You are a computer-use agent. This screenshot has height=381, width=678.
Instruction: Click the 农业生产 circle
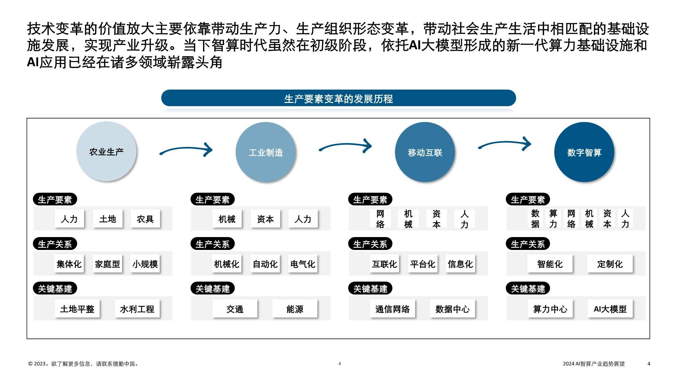[106, 151]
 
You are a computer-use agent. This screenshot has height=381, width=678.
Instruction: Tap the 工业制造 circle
[266, 152]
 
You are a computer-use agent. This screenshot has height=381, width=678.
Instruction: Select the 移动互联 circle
[425, 152]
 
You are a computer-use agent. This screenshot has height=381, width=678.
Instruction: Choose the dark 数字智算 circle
[584, 152]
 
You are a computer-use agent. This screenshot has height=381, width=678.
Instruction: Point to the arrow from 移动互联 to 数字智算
[505, 143]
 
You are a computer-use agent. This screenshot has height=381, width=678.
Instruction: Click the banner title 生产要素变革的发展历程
[338, 99]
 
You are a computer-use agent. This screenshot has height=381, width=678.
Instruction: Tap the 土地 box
[108, 219]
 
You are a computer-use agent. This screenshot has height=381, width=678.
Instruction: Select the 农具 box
[145, 219]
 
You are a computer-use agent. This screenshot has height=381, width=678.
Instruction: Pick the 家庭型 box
[107, 264]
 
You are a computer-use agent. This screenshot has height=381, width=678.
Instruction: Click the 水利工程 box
[137, 309]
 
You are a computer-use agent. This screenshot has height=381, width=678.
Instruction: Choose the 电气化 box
[303, 264]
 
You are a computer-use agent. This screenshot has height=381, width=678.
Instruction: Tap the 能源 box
[295, 309]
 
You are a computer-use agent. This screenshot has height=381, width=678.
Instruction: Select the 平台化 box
[422, 264]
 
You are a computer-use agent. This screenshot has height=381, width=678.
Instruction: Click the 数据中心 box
[453, 309]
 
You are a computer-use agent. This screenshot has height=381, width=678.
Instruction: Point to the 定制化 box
[610, 264]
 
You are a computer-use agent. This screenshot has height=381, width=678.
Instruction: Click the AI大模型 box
[610, 309]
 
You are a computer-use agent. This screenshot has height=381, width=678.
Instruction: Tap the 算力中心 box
[550, 309]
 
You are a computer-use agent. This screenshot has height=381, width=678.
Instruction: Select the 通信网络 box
[393, 309]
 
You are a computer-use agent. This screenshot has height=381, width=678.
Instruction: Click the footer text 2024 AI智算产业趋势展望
[594, 364]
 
